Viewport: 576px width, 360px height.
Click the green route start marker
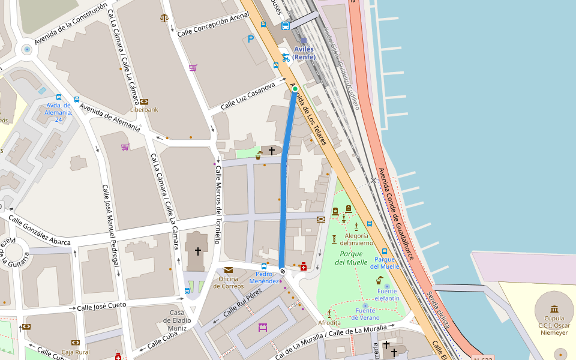295,89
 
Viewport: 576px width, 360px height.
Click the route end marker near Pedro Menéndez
283,271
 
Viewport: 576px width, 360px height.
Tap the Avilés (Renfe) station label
304,53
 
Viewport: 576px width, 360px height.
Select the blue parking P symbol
251,39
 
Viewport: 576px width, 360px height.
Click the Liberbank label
144,110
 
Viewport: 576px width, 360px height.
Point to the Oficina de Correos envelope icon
229,271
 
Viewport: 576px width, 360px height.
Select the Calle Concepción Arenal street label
213,25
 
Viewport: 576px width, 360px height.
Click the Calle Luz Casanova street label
247,96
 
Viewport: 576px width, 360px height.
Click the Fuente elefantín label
388,295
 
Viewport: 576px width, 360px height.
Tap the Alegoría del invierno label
356,239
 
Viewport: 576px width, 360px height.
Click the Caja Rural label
76,352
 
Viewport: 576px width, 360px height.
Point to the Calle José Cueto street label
101,307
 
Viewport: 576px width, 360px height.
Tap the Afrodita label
329,322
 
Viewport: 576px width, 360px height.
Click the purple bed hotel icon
262,327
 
